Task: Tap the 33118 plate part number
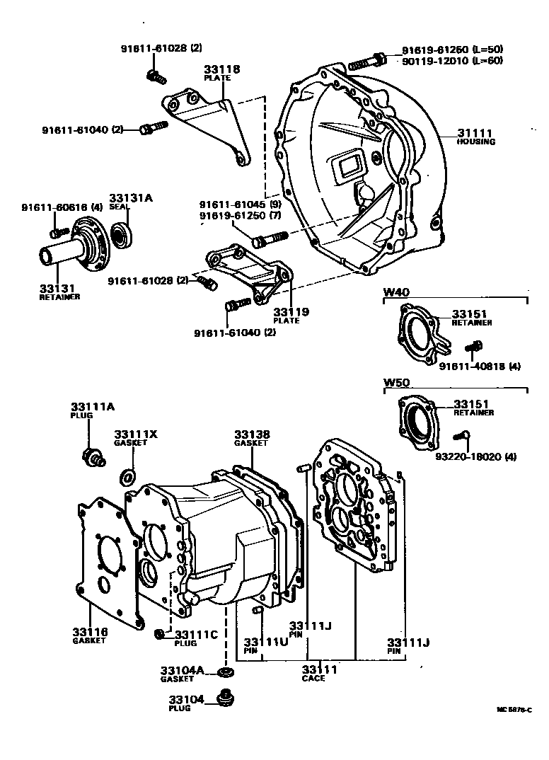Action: tap(222, 69)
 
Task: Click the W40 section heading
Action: tap(397, 292)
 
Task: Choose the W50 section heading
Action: tap(397, 383)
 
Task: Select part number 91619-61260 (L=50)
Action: tap(462, 50)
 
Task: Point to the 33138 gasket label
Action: tap(252, 434)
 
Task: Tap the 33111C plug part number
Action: tap(197, 634)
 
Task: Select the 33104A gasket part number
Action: tap(182, 670)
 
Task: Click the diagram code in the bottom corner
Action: tap(513, 709)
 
